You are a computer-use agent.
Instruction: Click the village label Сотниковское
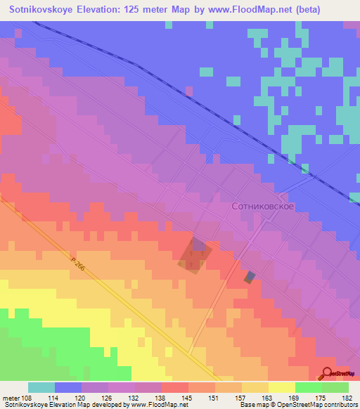262,207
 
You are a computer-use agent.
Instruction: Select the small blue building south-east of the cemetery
250,278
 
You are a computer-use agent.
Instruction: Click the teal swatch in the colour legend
41,387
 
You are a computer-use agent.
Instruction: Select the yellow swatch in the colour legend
281,387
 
